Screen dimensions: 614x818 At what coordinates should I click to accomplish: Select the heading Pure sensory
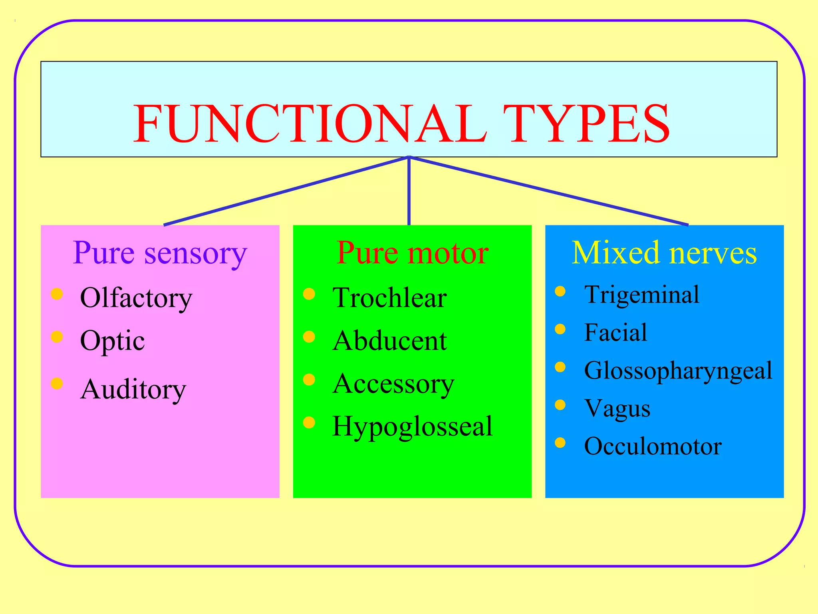(x=160, y=253)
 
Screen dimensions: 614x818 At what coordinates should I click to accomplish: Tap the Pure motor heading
(x=412, y=253)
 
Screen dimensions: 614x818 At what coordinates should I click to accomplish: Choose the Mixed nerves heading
(x=664, y=253)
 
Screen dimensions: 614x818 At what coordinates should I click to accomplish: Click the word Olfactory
(x=136, y=298)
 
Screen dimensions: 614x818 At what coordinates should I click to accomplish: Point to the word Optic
(x=112, y=341)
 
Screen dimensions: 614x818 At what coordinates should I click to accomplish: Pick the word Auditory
(x=133, y=389)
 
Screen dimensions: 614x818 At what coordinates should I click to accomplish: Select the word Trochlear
(x=389, y=298)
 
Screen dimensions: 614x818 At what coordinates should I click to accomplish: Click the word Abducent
(x=389, y=341)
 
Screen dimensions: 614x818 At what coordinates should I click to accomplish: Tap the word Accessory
(x=393, y=384)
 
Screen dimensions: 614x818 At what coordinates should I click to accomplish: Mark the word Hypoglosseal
(x=412, y=427)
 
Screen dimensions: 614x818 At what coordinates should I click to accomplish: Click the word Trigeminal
(x=641, y=295)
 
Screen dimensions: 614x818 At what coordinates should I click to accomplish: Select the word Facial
(x=615, y=333)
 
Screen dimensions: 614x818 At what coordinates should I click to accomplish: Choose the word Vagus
(x=617, y=409)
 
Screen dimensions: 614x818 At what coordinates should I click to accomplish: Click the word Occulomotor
(x=653, y=446)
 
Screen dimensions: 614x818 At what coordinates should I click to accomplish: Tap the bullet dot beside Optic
(x=57, y=337)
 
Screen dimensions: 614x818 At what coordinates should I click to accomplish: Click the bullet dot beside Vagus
(x=560, y=405)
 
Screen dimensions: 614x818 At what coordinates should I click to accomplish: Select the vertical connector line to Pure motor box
(x=409, y=192)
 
